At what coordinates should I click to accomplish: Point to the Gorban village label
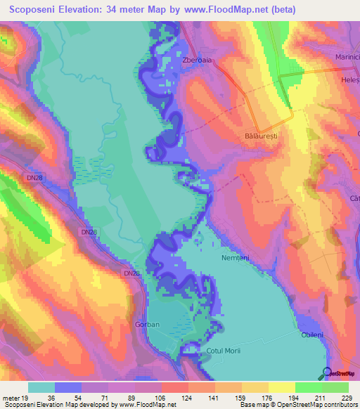coord(147,325)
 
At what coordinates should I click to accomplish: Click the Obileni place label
coord(313,335)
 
